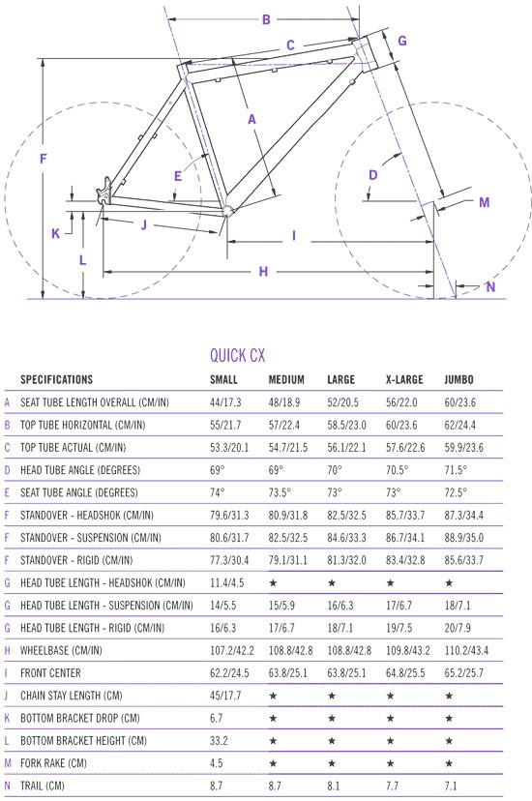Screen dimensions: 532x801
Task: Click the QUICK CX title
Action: click(x=237, y=356)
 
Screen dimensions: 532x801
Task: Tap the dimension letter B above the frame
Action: click(x=266, y=20)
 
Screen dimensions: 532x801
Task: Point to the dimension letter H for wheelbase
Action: click(x=263, y=271)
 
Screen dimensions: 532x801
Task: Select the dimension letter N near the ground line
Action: click(x=490, y=286)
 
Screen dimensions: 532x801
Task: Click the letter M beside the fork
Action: click(x=484, y=203)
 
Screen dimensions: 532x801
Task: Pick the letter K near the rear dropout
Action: click(x=56, y=233)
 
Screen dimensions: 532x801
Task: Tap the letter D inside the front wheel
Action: click(x=372, y=175)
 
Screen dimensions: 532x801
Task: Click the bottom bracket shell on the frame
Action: click(x=227, y=210)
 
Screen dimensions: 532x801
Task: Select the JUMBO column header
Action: click(x=459, y=379)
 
